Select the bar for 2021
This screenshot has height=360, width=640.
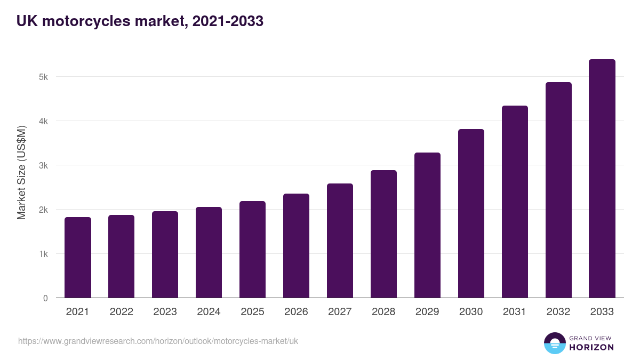pyautogui.click(x=77, y=258)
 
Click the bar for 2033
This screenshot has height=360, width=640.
pyautogui.click(x=602, y=179)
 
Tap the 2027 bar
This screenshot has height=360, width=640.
pyautogui.click(x=340, y=241)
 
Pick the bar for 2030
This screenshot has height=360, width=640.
pyautogui.click(x=471, y=213)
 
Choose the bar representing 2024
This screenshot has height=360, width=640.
pyautogui.click(x=209, y=252)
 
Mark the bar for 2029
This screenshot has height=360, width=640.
pyautogui.click(x=427, y=225)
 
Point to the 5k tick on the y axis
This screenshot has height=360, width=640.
pyautogui.click(x=43, y=77)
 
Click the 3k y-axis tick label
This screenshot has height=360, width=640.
pyautogui.click(x=43, y=165)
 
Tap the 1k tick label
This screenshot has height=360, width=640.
pyautogui.click(x=43, y=254)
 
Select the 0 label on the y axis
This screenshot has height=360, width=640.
pyautogui.click(x=45, y=298)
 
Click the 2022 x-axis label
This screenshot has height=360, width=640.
pyautogui.click(x=121, y=312)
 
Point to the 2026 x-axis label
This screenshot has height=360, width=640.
pyautogui.click(x=296, y=312)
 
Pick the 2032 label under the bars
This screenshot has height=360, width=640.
pyautogui.click(x=558, y=312)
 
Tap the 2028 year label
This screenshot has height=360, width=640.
pyautogui.click(x=383, y=312)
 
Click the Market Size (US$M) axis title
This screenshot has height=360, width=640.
pyautogui.click(x=21, y=173)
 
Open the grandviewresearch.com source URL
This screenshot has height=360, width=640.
pyautogui.click(x=158, y=341)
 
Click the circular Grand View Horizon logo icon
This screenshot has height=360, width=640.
pyautogui.click(x=554, y=343)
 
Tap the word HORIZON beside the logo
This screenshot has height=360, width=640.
pyautogui.click(x=591, y=347)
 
